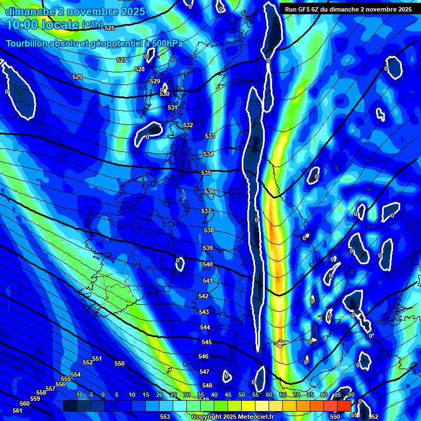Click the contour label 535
(206, 173)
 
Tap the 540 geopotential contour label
(208, 264)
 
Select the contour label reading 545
(206, 342)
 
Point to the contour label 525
(110, 28)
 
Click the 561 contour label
(18, 411)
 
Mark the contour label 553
(164, 417)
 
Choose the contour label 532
(188, 126)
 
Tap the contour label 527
(122, 60)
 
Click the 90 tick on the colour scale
(351, 395)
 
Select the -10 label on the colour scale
(78, 395)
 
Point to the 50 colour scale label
(242, 395)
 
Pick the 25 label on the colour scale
(173, 395)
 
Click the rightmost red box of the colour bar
(344, 406)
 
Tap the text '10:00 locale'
(42, 24)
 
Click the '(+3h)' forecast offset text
(92, 25)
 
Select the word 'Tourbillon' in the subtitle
(26, 43)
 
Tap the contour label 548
(207, 386)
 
